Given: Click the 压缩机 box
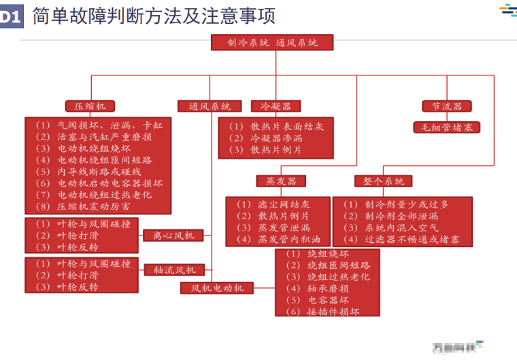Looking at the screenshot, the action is pyautogui.click(x=90, y=106).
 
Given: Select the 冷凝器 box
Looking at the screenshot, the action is pyautogui.click(x=276, y=106).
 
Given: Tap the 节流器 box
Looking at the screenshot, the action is pyautogui.click(x=447, y=106).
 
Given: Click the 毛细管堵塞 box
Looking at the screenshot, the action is pyautogui.click(x=447, y=127).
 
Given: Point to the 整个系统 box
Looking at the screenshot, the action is pyautogui.click(x=384, y=181).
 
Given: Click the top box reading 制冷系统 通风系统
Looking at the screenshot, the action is pyautogui.click(x=273, y=42).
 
